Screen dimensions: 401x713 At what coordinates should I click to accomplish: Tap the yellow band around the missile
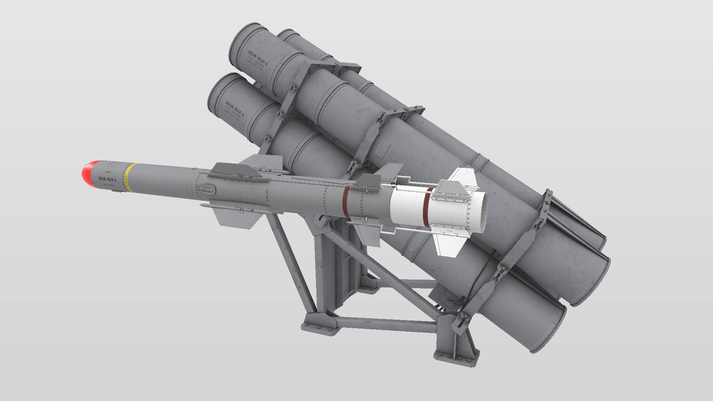coord(130,177)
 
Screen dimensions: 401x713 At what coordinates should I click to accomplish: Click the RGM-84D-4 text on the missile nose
coord(107,180)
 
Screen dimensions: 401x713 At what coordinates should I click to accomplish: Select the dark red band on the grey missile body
coord(346,202)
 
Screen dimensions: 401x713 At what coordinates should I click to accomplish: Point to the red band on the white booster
coord(427,207)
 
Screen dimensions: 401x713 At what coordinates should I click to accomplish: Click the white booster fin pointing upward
coord(462,178)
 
